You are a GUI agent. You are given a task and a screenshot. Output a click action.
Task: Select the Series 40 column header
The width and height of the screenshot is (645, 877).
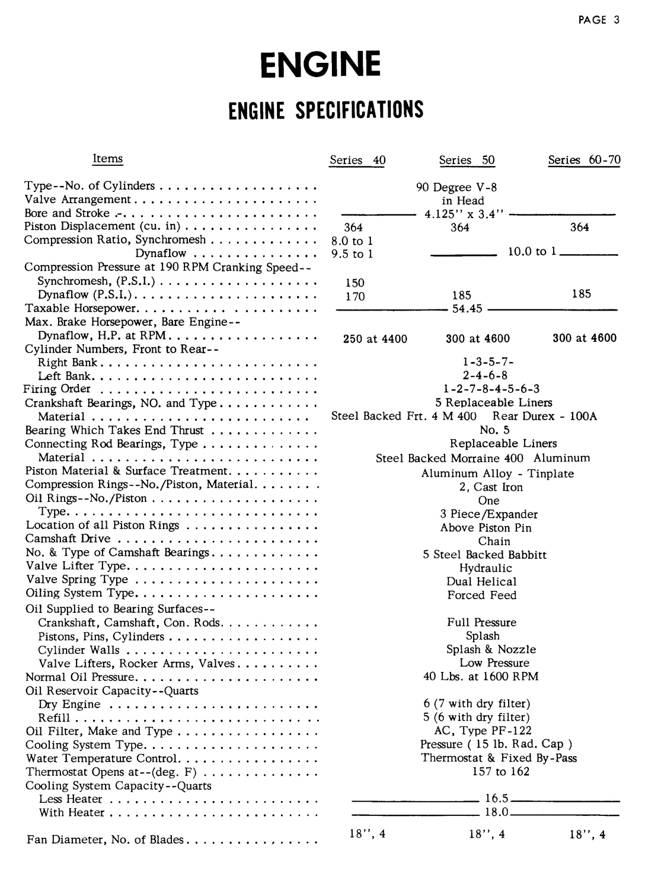tap(357, 160)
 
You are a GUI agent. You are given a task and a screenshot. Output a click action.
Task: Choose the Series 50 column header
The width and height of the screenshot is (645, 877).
tap(467, 160)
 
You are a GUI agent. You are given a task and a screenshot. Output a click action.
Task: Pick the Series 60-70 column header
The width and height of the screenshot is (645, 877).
tap(584, 160)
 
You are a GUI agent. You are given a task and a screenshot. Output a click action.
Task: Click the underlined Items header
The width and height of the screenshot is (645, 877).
tap(108, 158)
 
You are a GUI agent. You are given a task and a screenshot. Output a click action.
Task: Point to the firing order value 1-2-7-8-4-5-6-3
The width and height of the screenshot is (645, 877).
tap(491, 389)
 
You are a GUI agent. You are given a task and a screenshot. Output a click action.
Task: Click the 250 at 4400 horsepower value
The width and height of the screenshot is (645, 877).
tap(375, 339)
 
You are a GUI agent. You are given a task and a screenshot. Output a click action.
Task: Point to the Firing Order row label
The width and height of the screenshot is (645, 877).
tap(57, 389)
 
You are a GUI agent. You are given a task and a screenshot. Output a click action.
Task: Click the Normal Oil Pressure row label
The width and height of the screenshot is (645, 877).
tap(80, 677)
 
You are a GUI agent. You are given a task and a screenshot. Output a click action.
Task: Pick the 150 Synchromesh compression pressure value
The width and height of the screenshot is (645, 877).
tap(355, 283)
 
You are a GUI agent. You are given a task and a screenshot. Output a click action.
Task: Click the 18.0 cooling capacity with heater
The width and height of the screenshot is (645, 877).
tap(497, 812)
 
